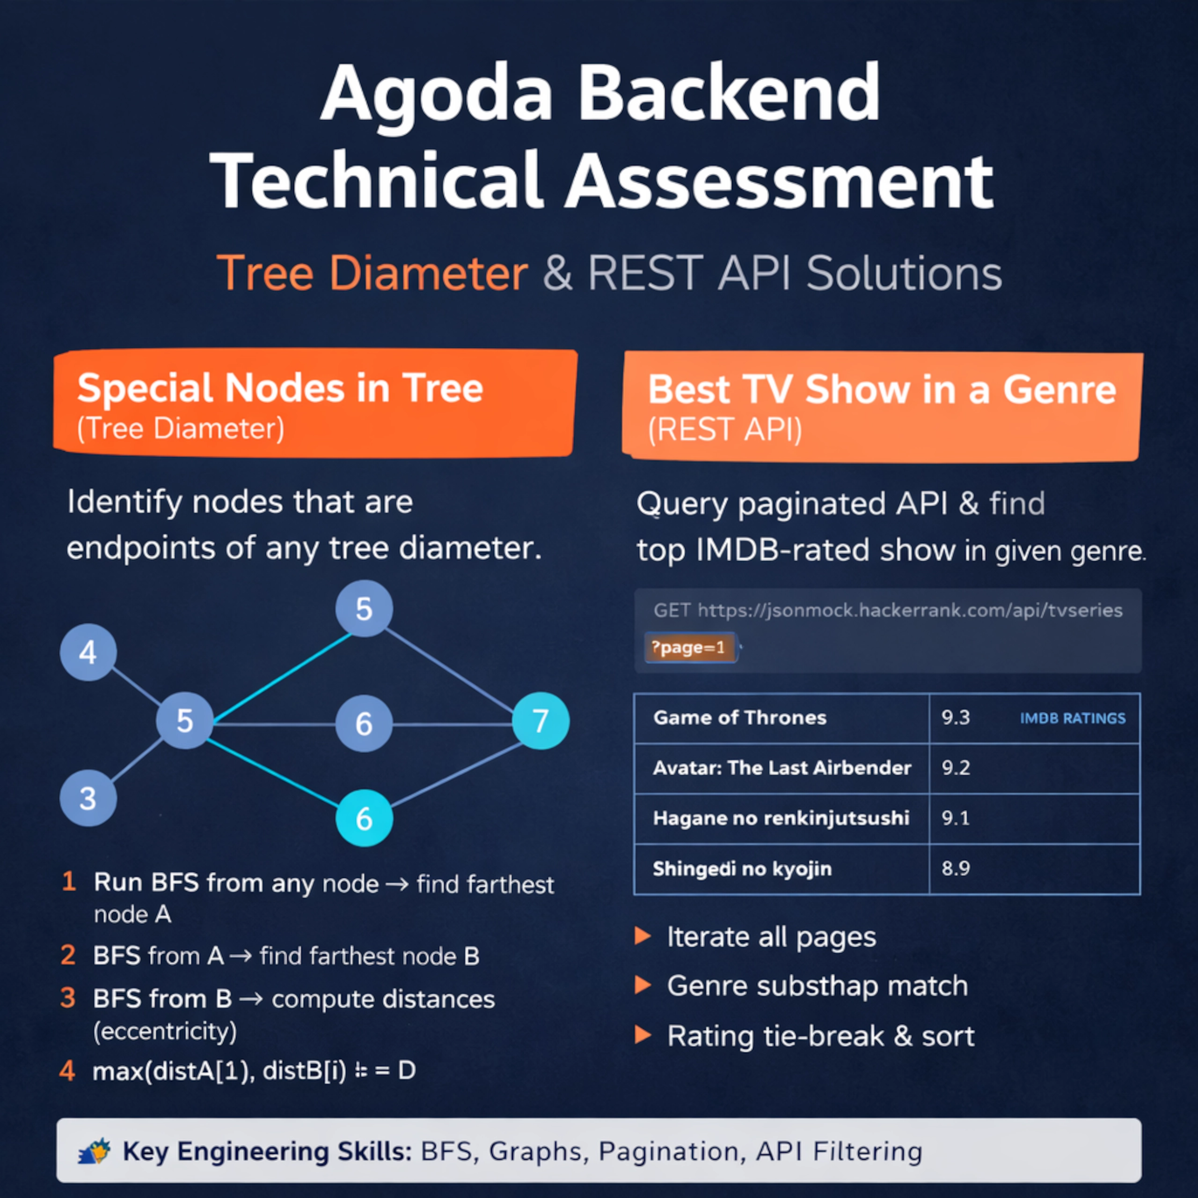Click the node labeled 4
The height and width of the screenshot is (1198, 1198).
click(x=88, y=652)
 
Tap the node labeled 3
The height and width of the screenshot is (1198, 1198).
click(x=88, y=798)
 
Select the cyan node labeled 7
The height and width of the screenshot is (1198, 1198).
click(x=541, y=721)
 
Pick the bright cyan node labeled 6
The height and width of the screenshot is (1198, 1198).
click(x=364, y=818)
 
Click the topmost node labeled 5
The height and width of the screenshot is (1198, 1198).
click(x=364, y=609)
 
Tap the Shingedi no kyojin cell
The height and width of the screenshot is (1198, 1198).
click(x=742, y=869)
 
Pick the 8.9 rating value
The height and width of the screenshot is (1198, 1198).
click(x=956, y=869)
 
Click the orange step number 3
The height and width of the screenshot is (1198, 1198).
click(x=68, y=998)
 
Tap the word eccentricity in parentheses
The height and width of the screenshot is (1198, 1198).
click(x=165, y=1031)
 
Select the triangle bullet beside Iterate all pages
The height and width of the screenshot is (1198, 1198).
click(x=643, y=936)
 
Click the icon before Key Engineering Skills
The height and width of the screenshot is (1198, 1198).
click(x=94, y=1152)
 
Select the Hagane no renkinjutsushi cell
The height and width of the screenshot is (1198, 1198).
click(x=781, y=818)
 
